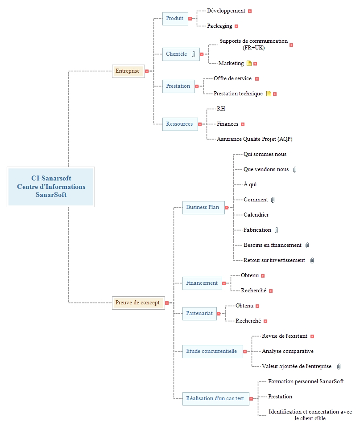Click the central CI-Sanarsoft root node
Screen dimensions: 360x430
click(x=51, y=187)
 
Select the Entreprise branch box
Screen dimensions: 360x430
click(x=128, y=71)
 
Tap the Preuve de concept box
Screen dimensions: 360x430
click(x=138, y=303)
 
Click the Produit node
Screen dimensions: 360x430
click(x=175, y=19)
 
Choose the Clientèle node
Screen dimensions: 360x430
click(x=181, y=54)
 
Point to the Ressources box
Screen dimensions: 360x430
click(x=180, y=124)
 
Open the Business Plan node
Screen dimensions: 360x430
click(x=203, y=207)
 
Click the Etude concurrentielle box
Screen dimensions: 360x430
click(x=212, y=351)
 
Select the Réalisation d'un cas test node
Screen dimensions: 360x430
click(x=215, y=398)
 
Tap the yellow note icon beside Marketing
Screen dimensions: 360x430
click(x=249, y=63)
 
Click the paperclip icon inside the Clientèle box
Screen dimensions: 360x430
click(x=193, y=54)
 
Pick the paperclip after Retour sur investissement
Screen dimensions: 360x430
click(x=312, y=260)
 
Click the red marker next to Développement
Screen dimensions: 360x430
click(x=250, y=11)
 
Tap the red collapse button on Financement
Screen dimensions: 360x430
click(x=224, y=283)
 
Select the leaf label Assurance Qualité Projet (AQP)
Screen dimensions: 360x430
click(x=255, y=139)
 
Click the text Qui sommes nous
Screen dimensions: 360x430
click(x=265, y=154)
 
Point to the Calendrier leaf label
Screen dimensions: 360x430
click(x=256, y=215)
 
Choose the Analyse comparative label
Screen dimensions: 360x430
click(x=287, y=351)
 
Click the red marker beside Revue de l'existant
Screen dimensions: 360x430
click(x=312, y=336)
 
